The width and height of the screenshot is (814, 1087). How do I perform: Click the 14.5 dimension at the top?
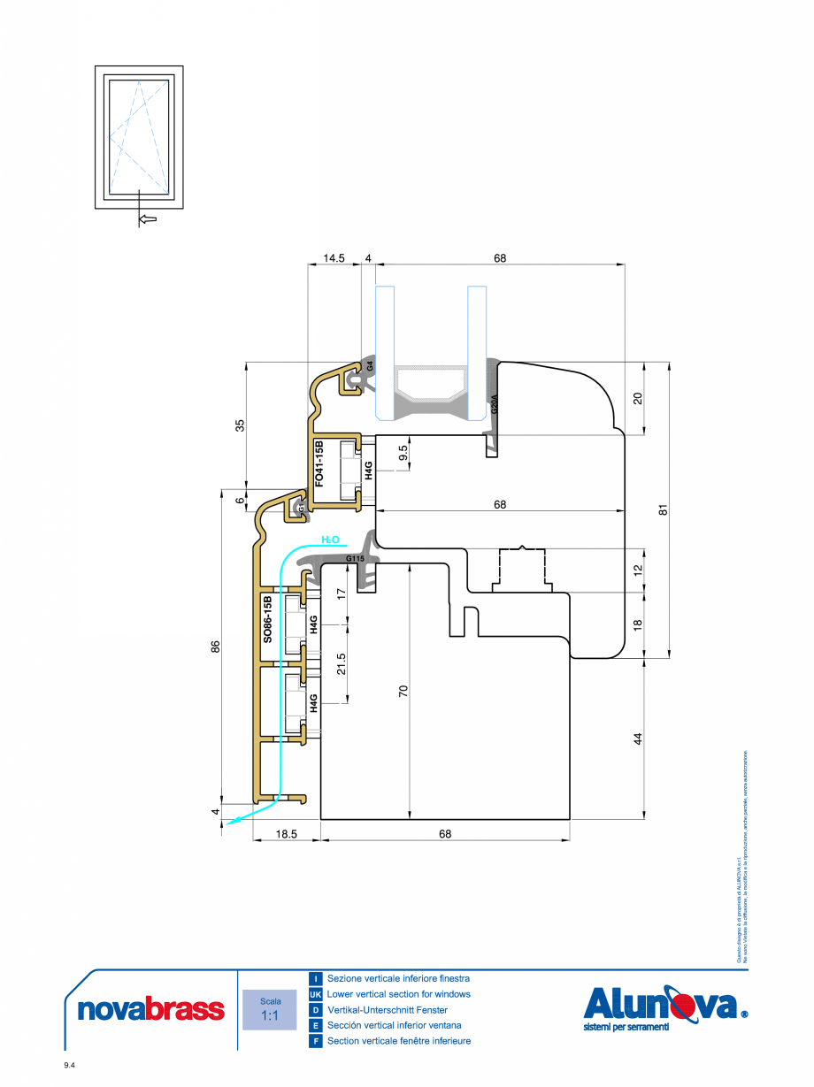[x=333, y=258]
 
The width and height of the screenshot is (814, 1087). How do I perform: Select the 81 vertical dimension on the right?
[x=664, y=509]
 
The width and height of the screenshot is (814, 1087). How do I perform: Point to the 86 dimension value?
[x=214, y=647]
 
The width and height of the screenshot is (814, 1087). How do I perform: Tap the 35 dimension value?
[x=240, y=425]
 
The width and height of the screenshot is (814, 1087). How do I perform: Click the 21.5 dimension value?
[x=342, y=664]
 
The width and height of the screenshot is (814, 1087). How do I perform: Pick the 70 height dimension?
[x=403, y=691]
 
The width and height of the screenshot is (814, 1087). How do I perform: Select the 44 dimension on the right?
[x=639, y=739]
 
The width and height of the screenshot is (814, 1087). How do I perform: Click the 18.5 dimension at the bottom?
[x=285, y=834]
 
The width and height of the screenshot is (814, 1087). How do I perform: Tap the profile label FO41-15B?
[x=320, y=462]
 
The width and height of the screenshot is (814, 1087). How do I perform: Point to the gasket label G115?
[x=355, y=559]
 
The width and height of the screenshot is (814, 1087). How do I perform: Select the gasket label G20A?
[x=495, y=405]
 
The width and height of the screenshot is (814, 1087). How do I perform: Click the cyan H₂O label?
[x=330, y=539]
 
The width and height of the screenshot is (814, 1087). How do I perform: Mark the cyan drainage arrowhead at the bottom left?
[x=231, y=823]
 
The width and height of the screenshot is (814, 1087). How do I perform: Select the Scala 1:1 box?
[x=270, y=1010]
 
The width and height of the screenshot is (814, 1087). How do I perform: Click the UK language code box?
[x=315, y=994]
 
